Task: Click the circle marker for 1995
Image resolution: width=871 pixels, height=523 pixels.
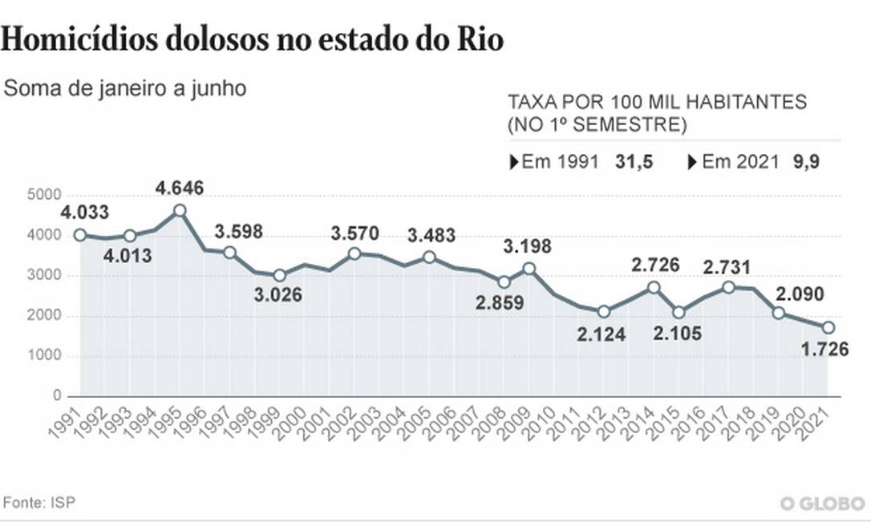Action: [x=180, y=210]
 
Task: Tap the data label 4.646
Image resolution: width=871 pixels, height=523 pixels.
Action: [x=180, y=189]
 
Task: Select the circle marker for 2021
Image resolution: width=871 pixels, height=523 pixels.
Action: [x=828, y=327]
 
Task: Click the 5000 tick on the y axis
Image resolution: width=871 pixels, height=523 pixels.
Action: [x=44, y=195]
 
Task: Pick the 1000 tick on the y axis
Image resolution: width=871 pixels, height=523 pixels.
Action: [x=44, y=356]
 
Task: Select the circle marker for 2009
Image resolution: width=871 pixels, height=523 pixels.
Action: [x=529, y=269]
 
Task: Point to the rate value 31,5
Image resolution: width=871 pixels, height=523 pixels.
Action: [x=634, y=161]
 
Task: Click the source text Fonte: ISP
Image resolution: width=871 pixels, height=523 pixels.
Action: [x=40, y=502]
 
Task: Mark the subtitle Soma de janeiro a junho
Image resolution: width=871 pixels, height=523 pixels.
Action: [x=124, y=88]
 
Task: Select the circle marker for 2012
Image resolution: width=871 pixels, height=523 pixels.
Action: [x=604, y=311]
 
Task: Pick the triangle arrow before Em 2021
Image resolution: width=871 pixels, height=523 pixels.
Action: [x=693, y=161]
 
